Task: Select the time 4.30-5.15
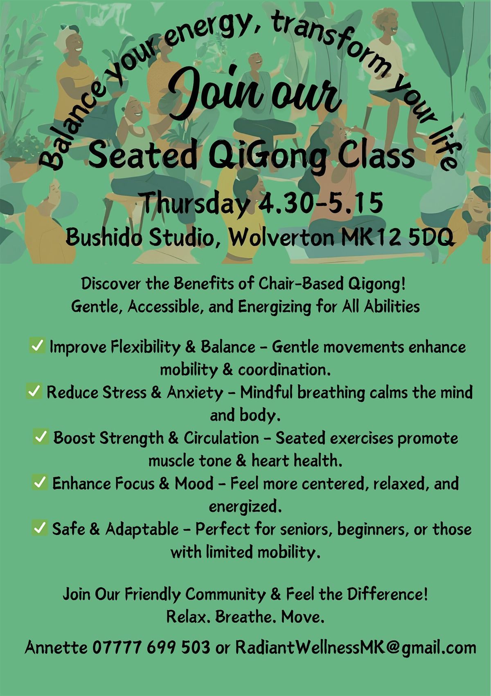tap(321, 203)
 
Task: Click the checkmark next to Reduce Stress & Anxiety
tap(34, 391)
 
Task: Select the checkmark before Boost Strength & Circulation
tap(41, 437)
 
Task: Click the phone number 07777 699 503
tap(151, 647)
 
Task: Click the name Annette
tap(56, 647)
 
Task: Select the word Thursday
tap(194, 203)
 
